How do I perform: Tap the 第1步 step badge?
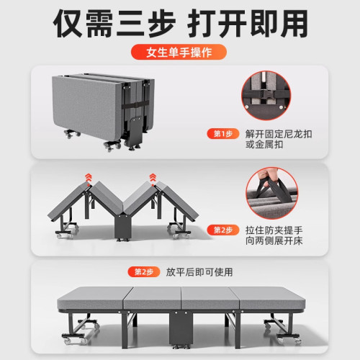222,133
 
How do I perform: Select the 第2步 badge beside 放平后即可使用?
140,271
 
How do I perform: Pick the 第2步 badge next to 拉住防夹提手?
222,230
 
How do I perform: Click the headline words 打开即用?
255,22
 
